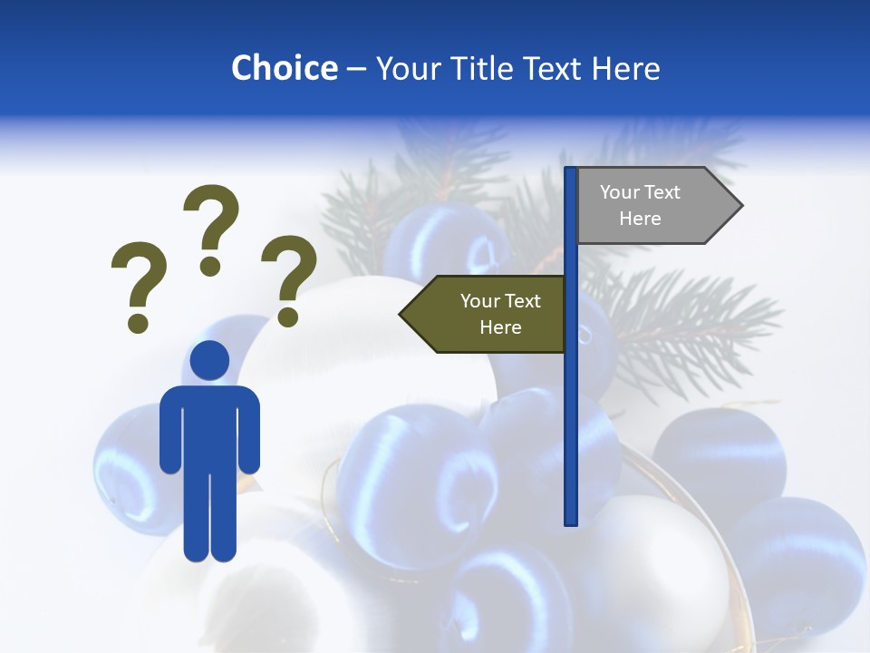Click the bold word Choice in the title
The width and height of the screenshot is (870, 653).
[284, 68]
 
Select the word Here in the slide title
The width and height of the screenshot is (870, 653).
[625, 68]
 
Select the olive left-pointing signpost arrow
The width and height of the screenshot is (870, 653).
[485, 315]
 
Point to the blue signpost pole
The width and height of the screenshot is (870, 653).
[571, 408]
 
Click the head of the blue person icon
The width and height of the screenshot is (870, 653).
[210, 360]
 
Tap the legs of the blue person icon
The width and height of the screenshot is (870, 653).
[210, 517]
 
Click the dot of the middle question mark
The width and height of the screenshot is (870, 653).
[210, 266]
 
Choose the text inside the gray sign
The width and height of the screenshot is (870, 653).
[640, 206]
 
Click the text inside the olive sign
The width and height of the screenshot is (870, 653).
[500, 315]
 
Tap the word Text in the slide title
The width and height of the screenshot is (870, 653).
[555, 68]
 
